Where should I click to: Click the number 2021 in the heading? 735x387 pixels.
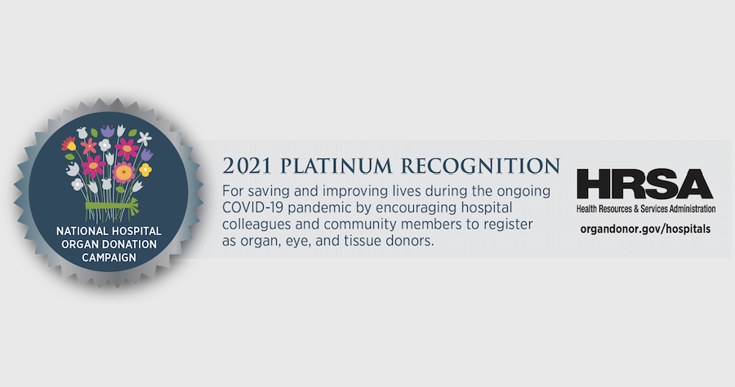pos(247,166)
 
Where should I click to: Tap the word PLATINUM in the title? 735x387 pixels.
pos(336,166)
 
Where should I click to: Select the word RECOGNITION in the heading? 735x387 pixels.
pos(480,166)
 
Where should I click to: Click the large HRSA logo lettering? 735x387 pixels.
pos(645,185)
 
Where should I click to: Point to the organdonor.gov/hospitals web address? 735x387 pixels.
pos(645,229)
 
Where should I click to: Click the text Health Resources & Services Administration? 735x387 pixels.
pos(646,209)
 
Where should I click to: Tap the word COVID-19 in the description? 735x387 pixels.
pos(252,207)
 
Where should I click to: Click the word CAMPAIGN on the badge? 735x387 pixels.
pos(109,257)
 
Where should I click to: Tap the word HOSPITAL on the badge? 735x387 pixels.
pos(136,231)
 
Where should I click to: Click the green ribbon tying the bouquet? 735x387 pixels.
pos(112,205)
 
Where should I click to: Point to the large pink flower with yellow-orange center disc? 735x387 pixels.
pos(124,172)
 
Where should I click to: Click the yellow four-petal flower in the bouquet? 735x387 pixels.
pos(146,169)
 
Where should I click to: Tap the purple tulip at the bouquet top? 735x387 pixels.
pos(108,131)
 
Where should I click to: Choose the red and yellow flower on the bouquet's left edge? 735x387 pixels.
pos(69,144)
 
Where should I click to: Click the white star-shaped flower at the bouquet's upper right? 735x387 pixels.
pos(145,139)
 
